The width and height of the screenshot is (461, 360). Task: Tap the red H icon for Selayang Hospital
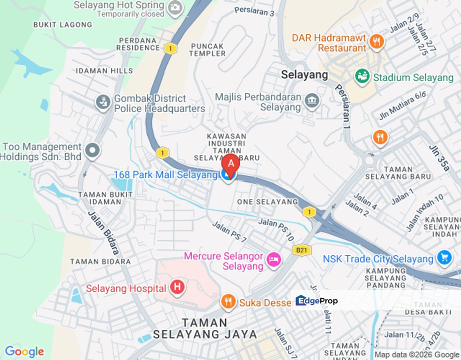coord(176,287)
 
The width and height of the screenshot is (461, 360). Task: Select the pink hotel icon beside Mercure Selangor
coord(273,259)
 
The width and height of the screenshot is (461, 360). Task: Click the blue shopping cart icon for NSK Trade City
coord(443,258)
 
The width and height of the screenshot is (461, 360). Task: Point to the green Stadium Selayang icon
coord(362,77)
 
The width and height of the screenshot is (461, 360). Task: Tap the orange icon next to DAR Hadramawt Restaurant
coord(377,41)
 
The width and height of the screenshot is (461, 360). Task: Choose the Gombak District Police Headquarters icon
coord(103,102)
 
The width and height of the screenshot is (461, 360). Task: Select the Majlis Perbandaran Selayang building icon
coord(312,100)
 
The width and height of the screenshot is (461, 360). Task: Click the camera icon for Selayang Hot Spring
coord(175,7)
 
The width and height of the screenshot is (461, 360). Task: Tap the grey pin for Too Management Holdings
coord(92,149)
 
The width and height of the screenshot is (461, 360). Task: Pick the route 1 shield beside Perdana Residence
coord(170,48)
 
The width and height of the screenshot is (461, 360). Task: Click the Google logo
coord(24,351)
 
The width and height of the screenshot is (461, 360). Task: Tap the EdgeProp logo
coord(317,300)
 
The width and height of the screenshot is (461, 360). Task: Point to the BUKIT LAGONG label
coord(62,24)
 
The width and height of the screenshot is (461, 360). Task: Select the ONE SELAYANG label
coord(267,201)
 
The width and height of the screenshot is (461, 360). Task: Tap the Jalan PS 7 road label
coord(229,232)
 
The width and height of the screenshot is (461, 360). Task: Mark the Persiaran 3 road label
coord(254,11)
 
